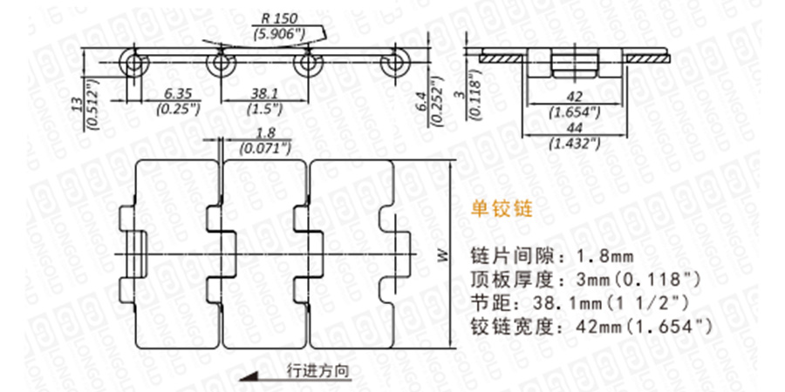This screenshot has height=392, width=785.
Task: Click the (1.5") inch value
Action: click(x=263, y=109)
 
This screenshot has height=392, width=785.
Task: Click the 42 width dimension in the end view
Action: click(x=575, y=98)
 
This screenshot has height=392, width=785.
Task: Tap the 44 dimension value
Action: click(x=575, y=127)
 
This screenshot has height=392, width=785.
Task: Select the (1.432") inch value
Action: click(x=575, y=141)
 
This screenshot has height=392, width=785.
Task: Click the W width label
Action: click(x=441, y=255)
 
